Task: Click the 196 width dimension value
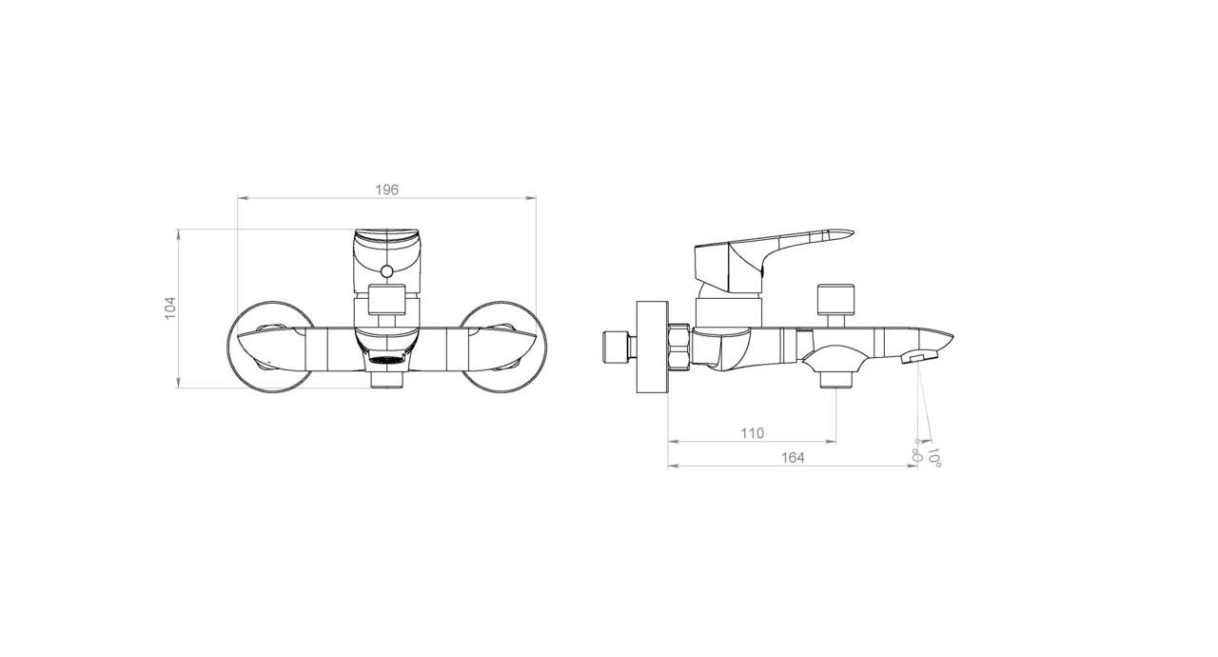(x=386, y=189)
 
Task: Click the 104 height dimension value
(x=170, y=308)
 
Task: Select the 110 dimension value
(x=752, y=433)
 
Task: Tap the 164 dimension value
(x=793, y=458)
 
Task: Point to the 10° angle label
(x=934, y=457)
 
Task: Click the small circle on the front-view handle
(x=386, y=271)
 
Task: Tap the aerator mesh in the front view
(x=386, y=361)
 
